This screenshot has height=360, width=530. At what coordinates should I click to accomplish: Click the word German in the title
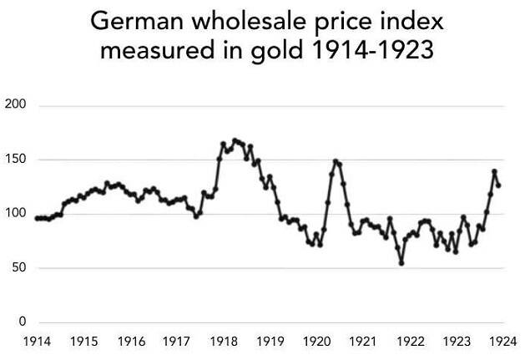pyautogui.click(x=137, y=21)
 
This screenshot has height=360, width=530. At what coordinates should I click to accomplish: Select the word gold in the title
pyautogui.click(x=276, y=51)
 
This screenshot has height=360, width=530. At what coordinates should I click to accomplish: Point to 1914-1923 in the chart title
pyautogui.click(x=371, y=49)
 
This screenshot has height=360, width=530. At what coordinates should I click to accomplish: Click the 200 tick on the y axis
pyautogui.click(x=15, y=104)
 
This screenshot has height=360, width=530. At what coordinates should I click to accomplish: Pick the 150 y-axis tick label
pyautogui.click(x=15, y=159)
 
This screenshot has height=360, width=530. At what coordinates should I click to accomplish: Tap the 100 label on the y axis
pyautogui.click(x=15, y=213)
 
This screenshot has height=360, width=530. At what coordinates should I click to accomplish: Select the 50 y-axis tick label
pyautogui.click(x=18, y=267)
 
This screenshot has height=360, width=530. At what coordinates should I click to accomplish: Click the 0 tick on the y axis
pyautogui.click(x=23, y=321)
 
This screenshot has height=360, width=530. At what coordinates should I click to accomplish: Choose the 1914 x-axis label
pyautogui.click(x=37, y=341)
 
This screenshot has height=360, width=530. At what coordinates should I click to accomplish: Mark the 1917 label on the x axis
pyautogui.click(x=176, y=341)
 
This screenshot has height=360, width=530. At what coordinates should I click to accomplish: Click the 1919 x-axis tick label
pyautogui.click(x=270, y=341)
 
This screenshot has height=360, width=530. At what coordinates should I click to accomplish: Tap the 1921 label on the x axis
pyautogui.click(x=362, y=341)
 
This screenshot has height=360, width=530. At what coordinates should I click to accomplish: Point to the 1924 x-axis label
pyautogui.click(x=503, y=341)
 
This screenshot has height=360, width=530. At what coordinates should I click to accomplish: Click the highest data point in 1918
pyautogui.click(x=235, y=140)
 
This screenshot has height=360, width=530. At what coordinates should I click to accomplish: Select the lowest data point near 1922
pyautogui.click(x=401, y=263)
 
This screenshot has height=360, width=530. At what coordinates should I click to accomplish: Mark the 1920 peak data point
pyautogui.click(x=336, y=161)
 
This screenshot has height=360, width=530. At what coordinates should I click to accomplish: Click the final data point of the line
pyautogui.click(x=498, y=185)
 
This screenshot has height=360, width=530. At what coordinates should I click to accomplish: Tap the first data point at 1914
pyautogui.click(x=38, y=218)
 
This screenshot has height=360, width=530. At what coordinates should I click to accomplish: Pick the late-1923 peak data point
pyautogui.click(x=494, y=171)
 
